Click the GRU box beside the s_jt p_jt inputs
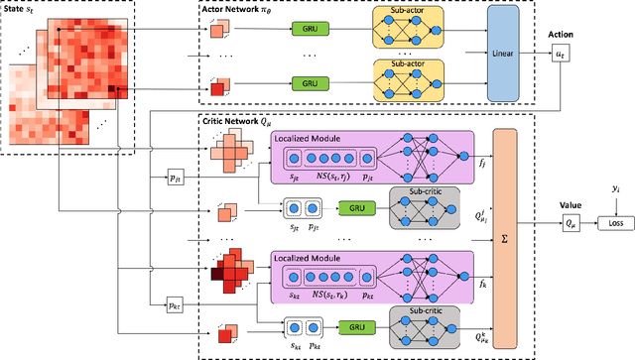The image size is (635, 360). (x=351, y=209)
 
